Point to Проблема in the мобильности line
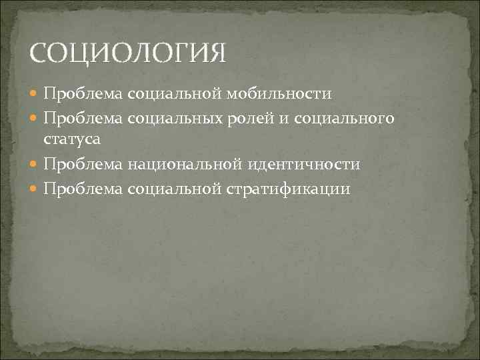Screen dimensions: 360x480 coord(83,94)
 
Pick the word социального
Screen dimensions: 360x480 coord(350,118)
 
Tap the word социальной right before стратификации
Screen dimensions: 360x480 coord(175,189)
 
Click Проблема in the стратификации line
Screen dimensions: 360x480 coord(83,189)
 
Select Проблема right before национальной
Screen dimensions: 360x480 coord(83,165)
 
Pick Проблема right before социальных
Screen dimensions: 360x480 coord(83,118)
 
